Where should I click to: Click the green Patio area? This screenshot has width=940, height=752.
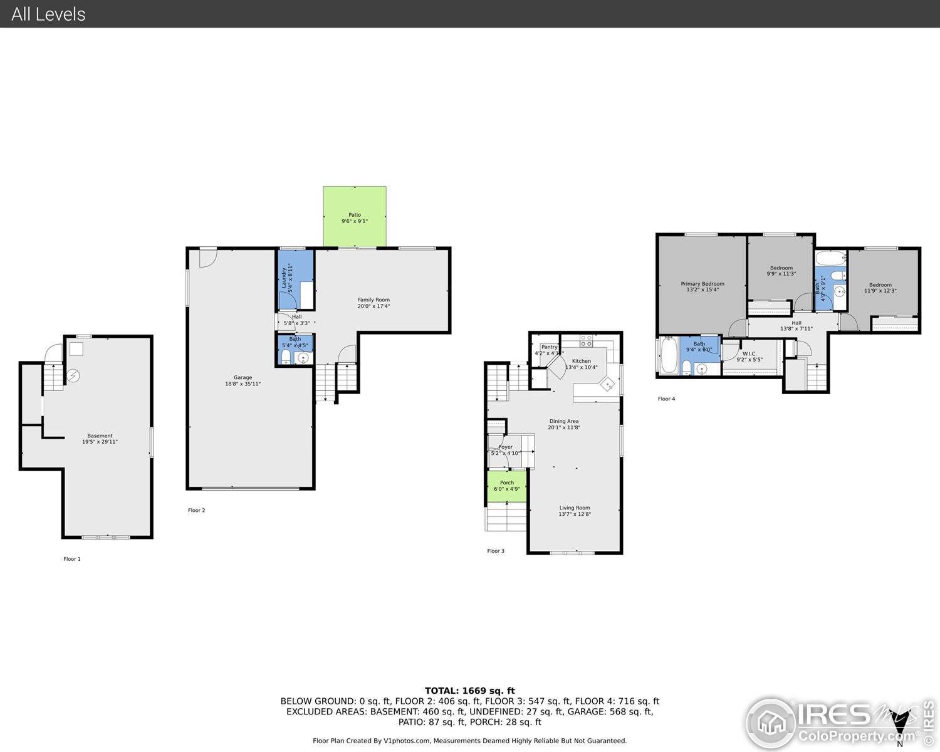355,217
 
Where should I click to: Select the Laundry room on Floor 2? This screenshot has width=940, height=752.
295,279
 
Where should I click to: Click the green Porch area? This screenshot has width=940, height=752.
506,486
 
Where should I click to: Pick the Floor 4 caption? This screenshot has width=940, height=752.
666,399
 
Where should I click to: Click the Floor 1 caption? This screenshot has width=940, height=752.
72,559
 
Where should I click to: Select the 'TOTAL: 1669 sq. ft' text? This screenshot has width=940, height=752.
469,691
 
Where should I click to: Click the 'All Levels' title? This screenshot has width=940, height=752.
48,14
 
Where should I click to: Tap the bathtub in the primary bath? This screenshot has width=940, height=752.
669,356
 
